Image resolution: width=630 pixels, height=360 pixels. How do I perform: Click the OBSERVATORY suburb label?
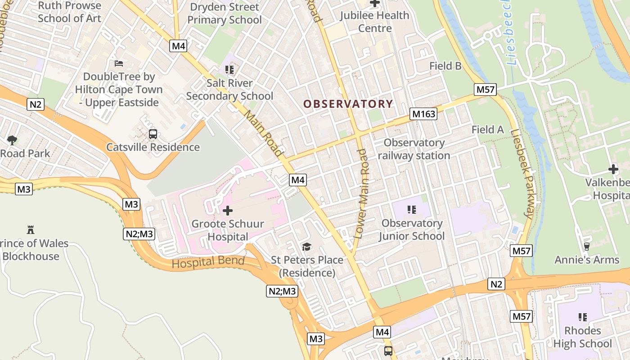click(x=348, y=104)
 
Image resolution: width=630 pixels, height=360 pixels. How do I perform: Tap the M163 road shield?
click(x=423, y=114)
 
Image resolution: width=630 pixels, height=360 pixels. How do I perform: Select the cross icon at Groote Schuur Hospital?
click(x=228, y=210)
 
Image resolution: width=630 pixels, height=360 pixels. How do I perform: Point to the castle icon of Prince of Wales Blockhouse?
click(x=31, y=230)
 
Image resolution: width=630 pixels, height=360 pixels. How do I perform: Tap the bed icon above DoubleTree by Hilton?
click(x=119, y=63)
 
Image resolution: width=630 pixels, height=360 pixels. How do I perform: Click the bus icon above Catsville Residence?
click(x=153, y=134)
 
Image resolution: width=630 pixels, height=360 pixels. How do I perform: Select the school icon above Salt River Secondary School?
click(x=229, y=70)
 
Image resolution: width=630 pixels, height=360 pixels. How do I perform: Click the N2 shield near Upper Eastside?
click(x=36, y=105)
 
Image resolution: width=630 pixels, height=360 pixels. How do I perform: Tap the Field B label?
click(x=445, y=66)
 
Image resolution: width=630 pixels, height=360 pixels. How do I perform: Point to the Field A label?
click(x=487, y=130)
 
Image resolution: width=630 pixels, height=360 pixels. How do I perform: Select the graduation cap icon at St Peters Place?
click(x=306, y=247)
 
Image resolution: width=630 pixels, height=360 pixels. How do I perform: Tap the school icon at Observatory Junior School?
click(x=411, y=209)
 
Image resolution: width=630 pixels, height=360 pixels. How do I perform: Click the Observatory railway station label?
click(x=414, y=149)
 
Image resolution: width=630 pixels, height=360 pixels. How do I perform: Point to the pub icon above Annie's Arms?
click(x=586, y=246)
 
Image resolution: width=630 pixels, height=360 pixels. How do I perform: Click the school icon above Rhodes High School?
click(x=583, y=317)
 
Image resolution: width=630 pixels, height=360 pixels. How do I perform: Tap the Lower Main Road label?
click(x=361, y=193)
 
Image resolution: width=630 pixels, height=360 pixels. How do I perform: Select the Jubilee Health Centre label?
click(x=374, y=22)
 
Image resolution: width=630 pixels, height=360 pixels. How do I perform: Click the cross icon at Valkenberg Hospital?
click(x=613, y=170)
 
